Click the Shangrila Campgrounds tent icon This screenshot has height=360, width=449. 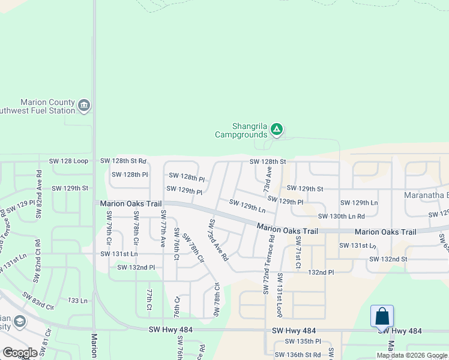click(x=276, y=128)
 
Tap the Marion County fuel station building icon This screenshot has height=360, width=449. click(x=83, y=106)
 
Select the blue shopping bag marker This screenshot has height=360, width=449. click(x=382, y=316)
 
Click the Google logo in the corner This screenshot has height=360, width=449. click(x=20, y=353)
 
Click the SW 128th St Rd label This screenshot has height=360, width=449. click(x=123, y=161)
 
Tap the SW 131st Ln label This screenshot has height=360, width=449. click(x=119, y=254)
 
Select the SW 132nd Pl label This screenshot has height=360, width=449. click(x=136, y=268)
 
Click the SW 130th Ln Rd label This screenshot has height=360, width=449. click(x=342, y=216)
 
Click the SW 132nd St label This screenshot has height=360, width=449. click(x=388, y=259)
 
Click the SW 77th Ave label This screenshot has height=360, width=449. click(x=163, y=229)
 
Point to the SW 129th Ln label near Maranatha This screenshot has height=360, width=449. click(x=359, y=203)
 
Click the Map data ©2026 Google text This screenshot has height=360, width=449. click(x=412, y=355)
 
